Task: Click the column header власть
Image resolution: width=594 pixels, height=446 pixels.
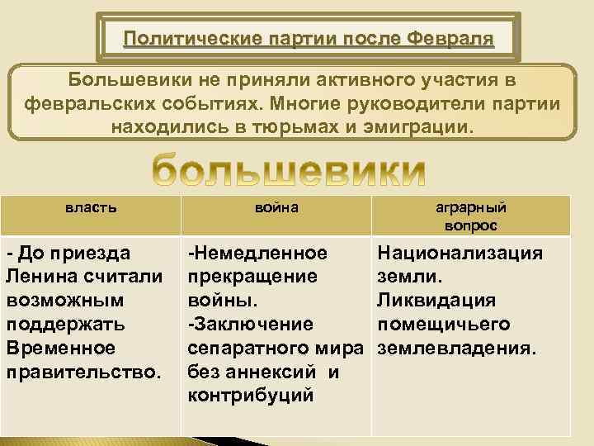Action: tap(91, 208)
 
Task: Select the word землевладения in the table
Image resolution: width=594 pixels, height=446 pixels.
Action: tap(457, 348)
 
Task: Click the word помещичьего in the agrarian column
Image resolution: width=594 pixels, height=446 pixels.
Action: tap(443, 323)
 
